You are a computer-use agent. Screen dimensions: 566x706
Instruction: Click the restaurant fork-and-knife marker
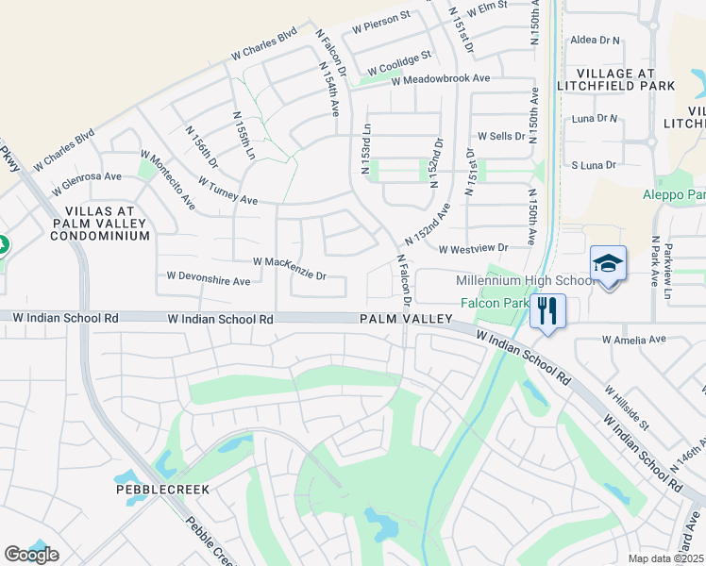click(x=548, y=309)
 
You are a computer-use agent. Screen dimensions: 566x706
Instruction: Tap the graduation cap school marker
click(x=608, y=265)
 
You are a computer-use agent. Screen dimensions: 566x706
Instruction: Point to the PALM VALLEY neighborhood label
click(x=406, y=320)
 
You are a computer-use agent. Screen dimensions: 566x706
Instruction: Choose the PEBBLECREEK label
click(x=162, y=490)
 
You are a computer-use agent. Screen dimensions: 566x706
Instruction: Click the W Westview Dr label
click(x=473, y=248)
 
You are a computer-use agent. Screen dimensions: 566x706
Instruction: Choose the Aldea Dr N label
click(x=596, y=41)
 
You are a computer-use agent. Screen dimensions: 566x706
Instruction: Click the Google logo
click(x=31, y=555)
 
